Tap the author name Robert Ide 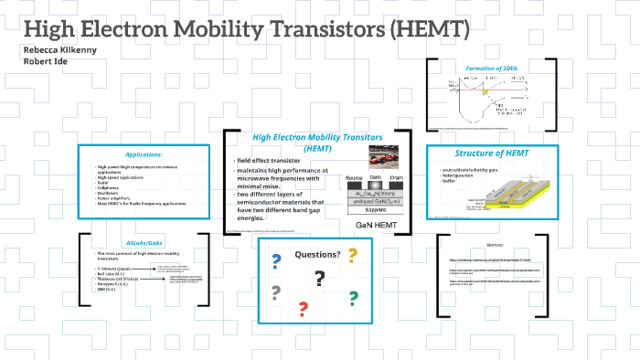43,61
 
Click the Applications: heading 144,154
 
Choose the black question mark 319,279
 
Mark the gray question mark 274,293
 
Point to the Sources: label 494,246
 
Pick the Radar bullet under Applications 102,183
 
